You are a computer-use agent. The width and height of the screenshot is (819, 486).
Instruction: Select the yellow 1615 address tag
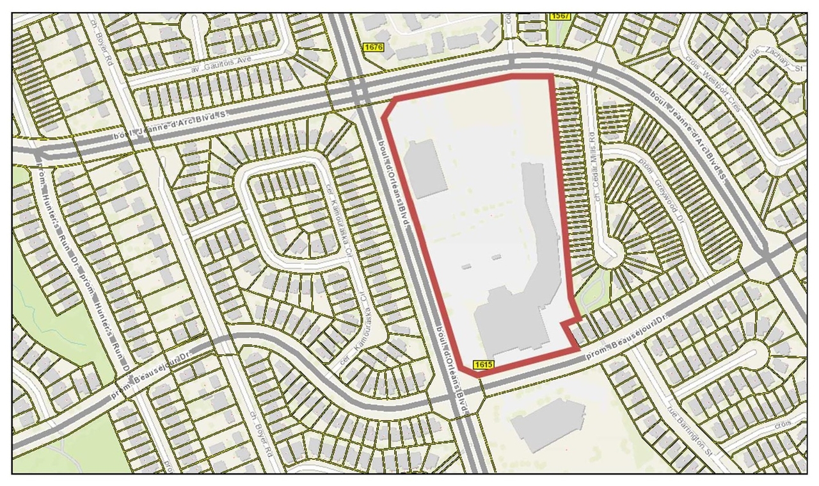tap(484, 364)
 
